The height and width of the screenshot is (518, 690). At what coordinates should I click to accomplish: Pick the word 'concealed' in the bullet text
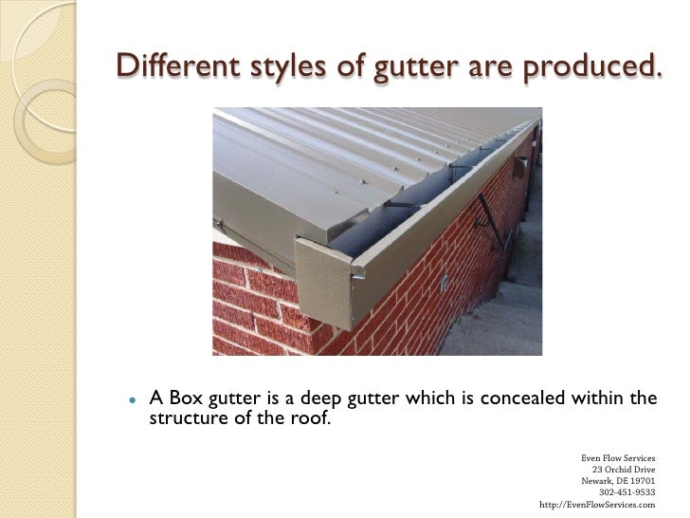522,398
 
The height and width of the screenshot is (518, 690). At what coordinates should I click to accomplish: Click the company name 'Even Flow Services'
618,457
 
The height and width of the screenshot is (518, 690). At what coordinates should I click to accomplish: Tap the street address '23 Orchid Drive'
623,469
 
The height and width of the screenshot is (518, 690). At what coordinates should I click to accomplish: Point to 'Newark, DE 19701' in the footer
618,480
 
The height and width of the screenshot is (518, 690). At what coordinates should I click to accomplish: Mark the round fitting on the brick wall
443,282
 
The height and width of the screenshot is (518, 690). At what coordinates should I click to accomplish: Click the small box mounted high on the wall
520,167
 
